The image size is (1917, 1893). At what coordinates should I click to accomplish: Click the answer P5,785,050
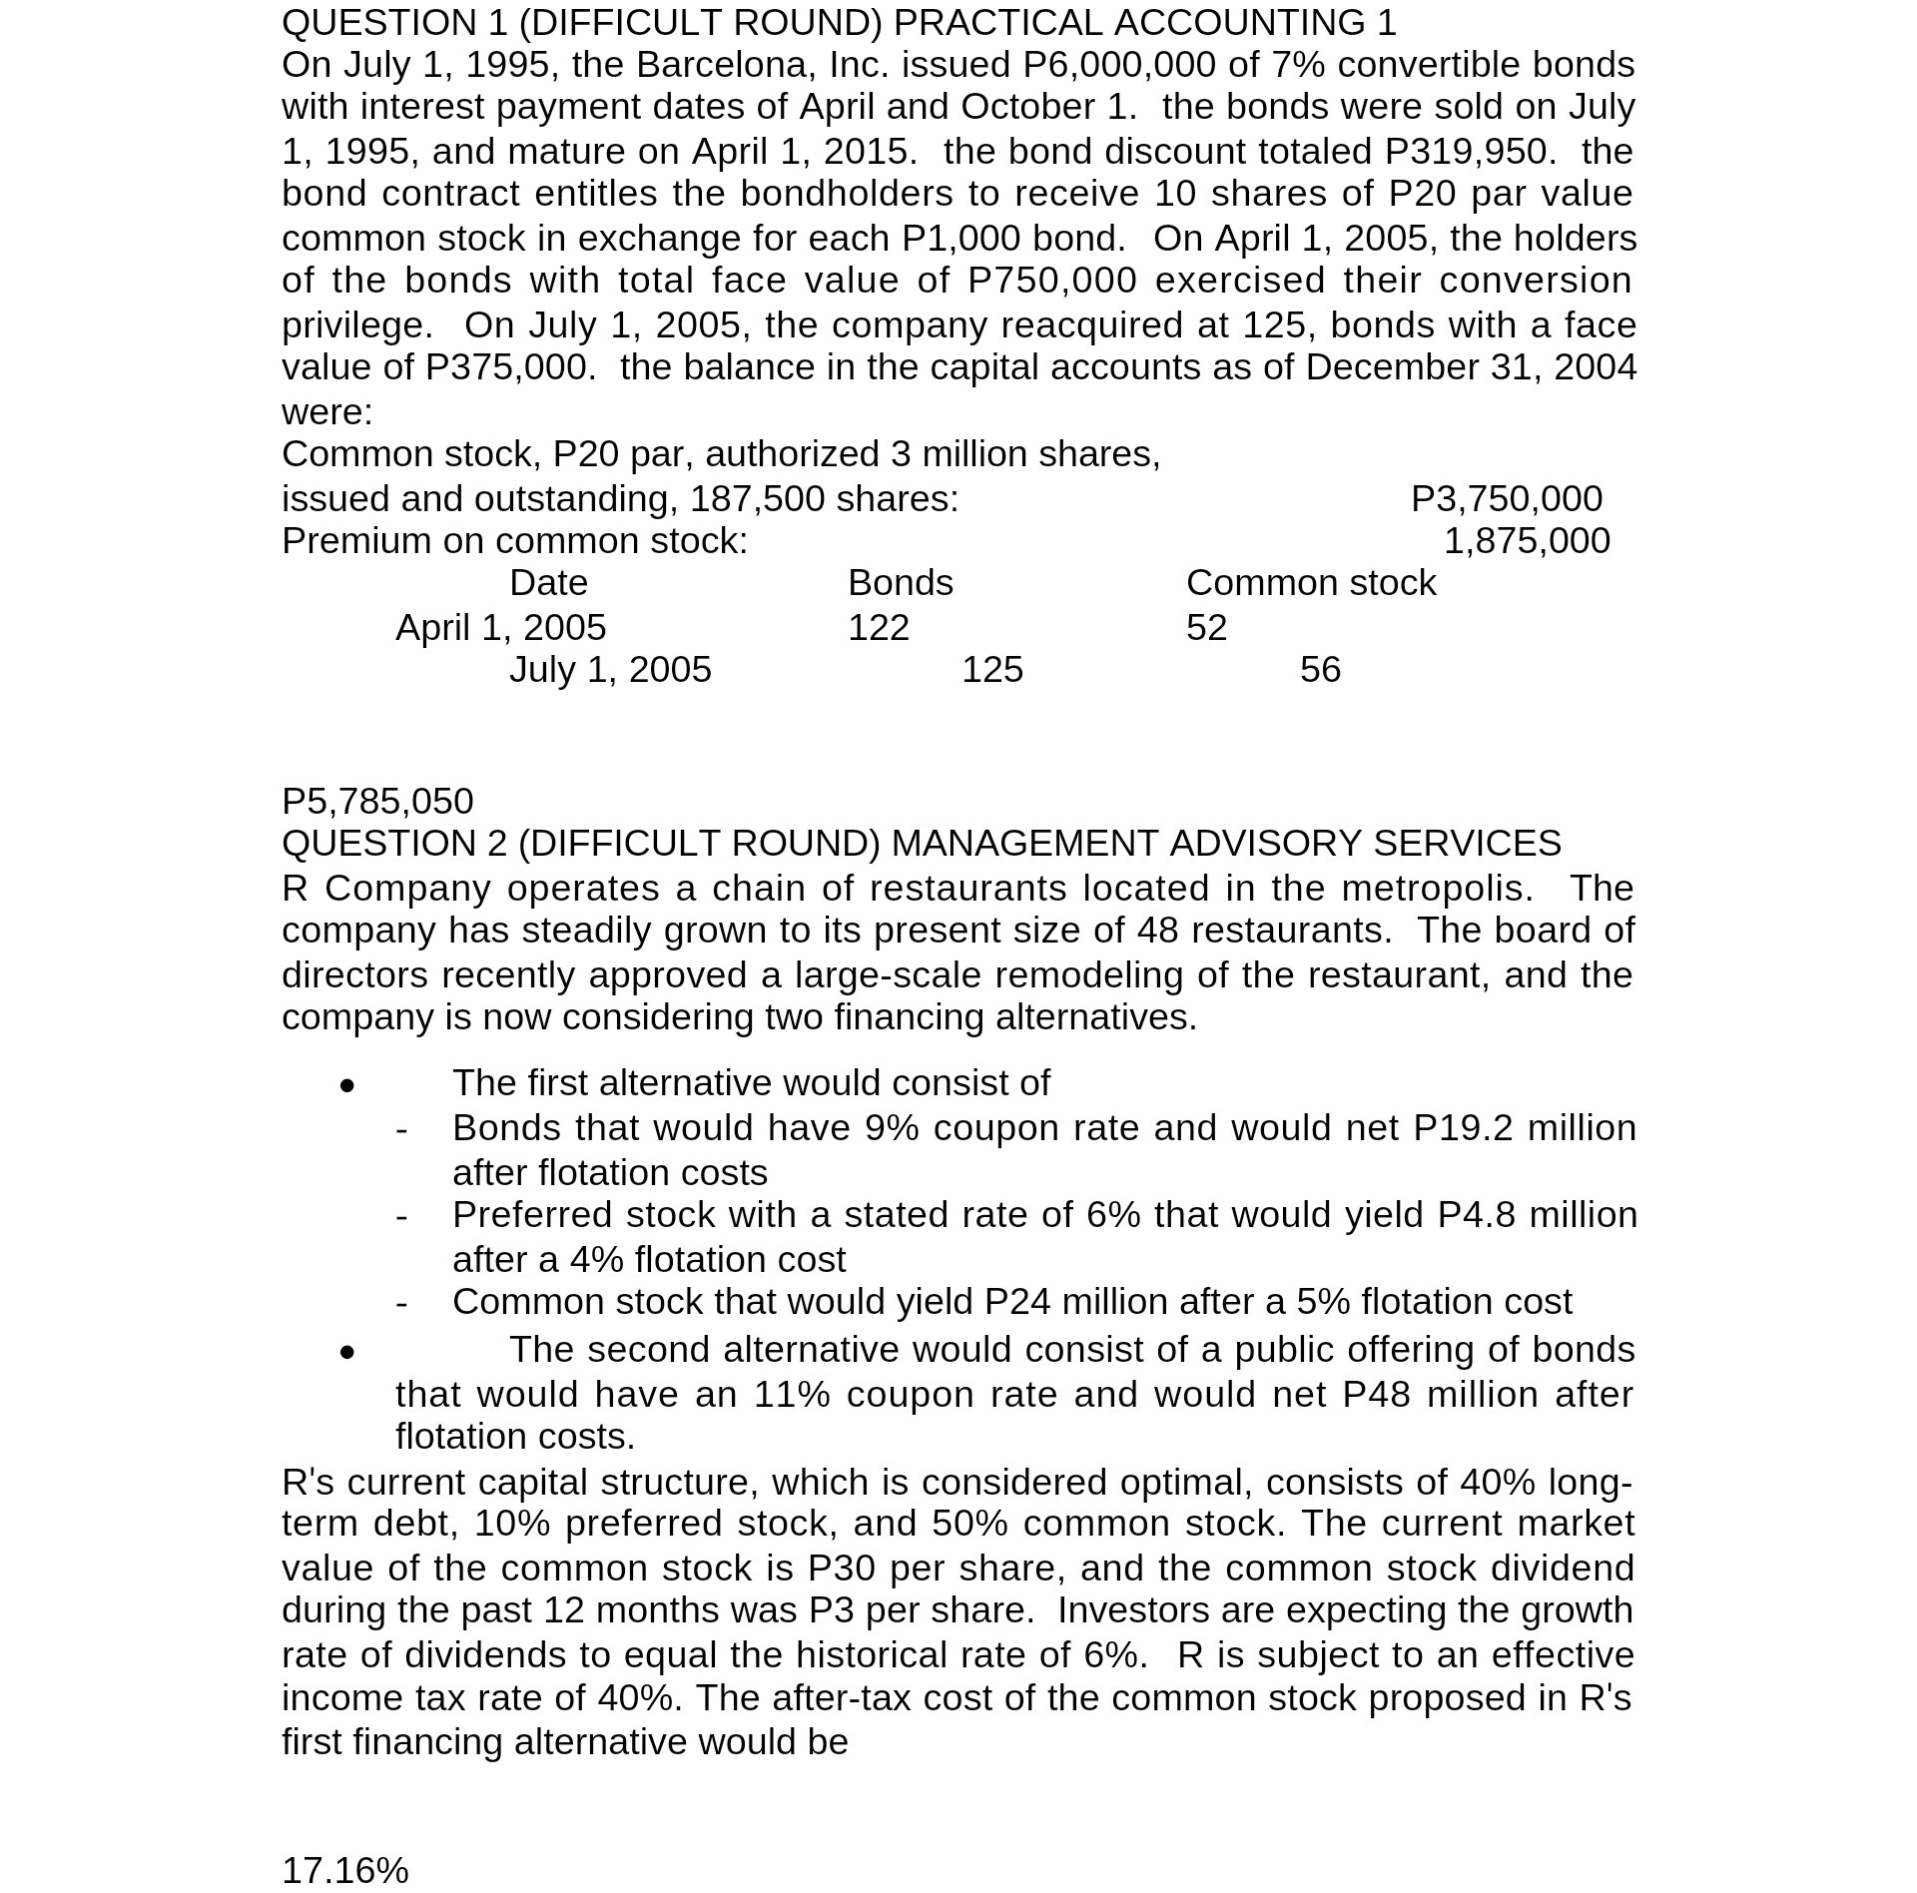(x=377, y=802)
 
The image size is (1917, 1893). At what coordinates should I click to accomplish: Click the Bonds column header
(x=900, y=583)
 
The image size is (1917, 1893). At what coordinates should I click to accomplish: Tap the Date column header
(x=548, y=583)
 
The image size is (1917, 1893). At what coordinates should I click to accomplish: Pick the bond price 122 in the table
(x=878, y=628)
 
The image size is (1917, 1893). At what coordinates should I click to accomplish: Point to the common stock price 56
(x=1319, y=670)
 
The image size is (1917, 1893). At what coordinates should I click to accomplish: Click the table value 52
(x=1206, y=628)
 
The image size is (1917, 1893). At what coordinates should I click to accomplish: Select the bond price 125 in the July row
(x=991, y=670)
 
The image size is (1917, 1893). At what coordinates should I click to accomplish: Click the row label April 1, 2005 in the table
(x=500, y=628)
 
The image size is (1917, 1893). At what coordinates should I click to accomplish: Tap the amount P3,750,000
(x=1506, y=499)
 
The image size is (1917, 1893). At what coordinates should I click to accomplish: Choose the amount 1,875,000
(x=1526, y=541)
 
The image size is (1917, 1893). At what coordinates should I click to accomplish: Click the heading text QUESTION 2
(x=394, y=844)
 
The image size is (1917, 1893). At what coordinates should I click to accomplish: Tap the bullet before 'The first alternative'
(x=346, y=1085)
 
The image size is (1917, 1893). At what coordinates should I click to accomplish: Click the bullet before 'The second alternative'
(x=346, y=1352)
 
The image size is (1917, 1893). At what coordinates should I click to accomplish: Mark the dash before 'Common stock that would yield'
(x=401, y=1303)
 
